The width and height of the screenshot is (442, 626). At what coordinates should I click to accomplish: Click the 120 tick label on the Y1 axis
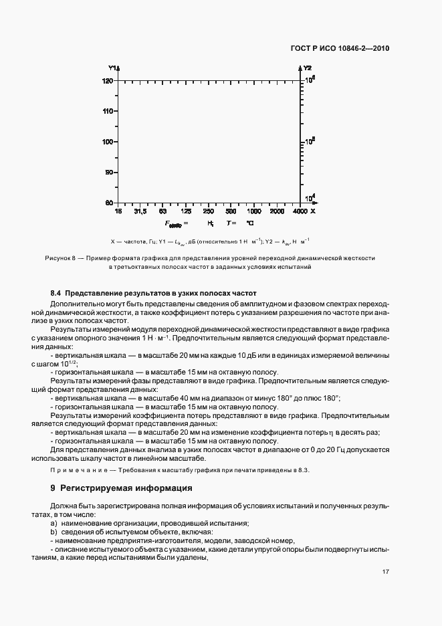(x=108, y=81)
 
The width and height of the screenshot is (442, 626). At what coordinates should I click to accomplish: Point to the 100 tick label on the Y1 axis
(x=108, y=142)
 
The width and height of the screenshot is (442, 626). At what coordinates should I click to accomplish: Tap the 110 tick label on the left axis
(x=108, y=111)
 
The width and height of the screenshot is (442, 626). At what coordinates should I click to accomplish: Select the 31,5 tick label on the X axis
(x=140, y=211)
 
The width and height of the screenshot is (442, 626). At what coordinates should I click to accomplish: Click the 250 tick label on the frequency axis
(x=208, y=211)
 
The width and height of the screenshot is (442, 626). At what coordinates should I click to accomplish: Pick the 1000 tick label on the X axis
(x=254, y=211)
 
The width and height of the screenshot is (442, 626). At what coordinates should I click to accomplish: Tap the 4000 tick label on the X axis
(x=300, y=211)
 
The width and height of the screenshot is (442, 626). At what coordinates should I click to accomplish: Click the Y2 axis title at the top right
(x=308, y=68)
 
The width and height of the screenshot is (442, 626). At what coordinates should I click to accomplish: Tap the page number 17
(x=386, y=571)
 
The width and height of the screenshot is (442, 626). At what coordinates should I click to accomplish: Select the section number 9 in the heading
(x=53, y=488)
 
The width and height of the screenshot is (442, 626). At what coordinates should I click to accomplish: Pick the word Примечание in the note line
(x=76, y=471)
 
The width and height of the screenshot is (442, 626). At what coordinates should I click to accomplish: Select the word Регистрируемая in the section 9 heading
(x=94, y=488)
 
